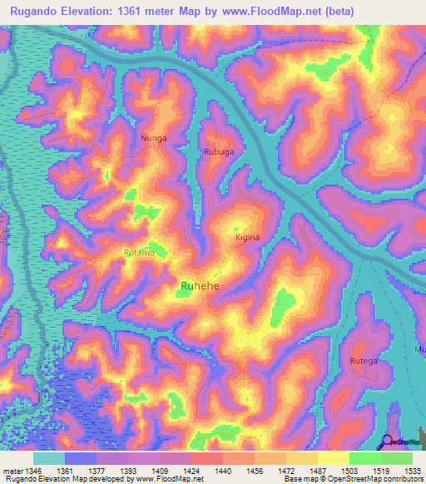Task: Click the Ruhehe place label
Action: (201, 287)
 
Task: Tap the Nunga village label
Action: (154, 138)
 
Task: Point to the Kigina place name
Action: (247, 237)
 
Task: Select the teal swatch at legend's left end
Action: (49, 458)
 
